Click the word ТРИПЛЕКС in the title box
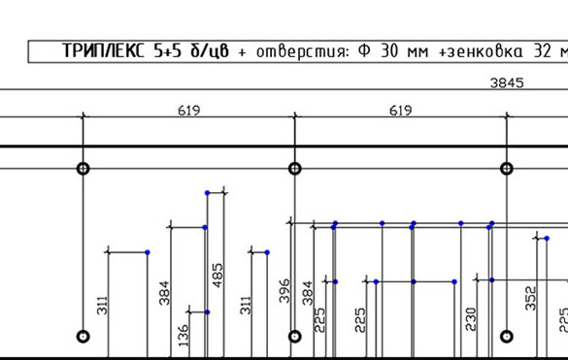pyautogui.click(x=103, y=50)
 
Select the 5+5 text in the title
pyautogui.click(x=167, y=51)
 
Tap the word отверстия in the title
pyautogui.click(x=302, y=51)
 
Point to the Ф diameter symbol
pyautogui.click(x=364, y=51)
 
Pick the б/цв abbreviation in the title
pyautogui.click(x=210, y=51)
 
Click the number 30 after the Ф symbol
pyautogui.click(x=389, y=51)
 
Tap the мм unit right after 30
pyautogui.click(x=418, y=52)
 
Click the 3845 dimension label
pyautogui.click(x=507, y=83)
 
